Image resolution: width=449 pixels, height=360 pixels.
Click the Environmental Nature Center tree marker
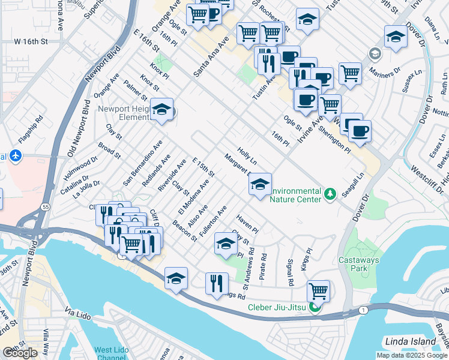coord(329,194)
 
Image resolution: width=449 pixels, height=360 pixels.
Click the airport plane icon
coord(15,157)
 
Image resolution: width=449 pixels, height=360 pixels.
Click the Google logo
coord(20,353)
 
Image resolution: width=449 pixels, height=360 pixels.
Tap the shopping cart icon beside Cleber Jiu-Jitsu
coord(319,291)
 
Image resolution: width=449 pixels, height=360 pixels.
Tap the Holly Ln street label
coord(247,157)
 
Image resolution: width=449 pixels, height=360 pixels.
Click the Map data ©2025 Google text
coord(412,355)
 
